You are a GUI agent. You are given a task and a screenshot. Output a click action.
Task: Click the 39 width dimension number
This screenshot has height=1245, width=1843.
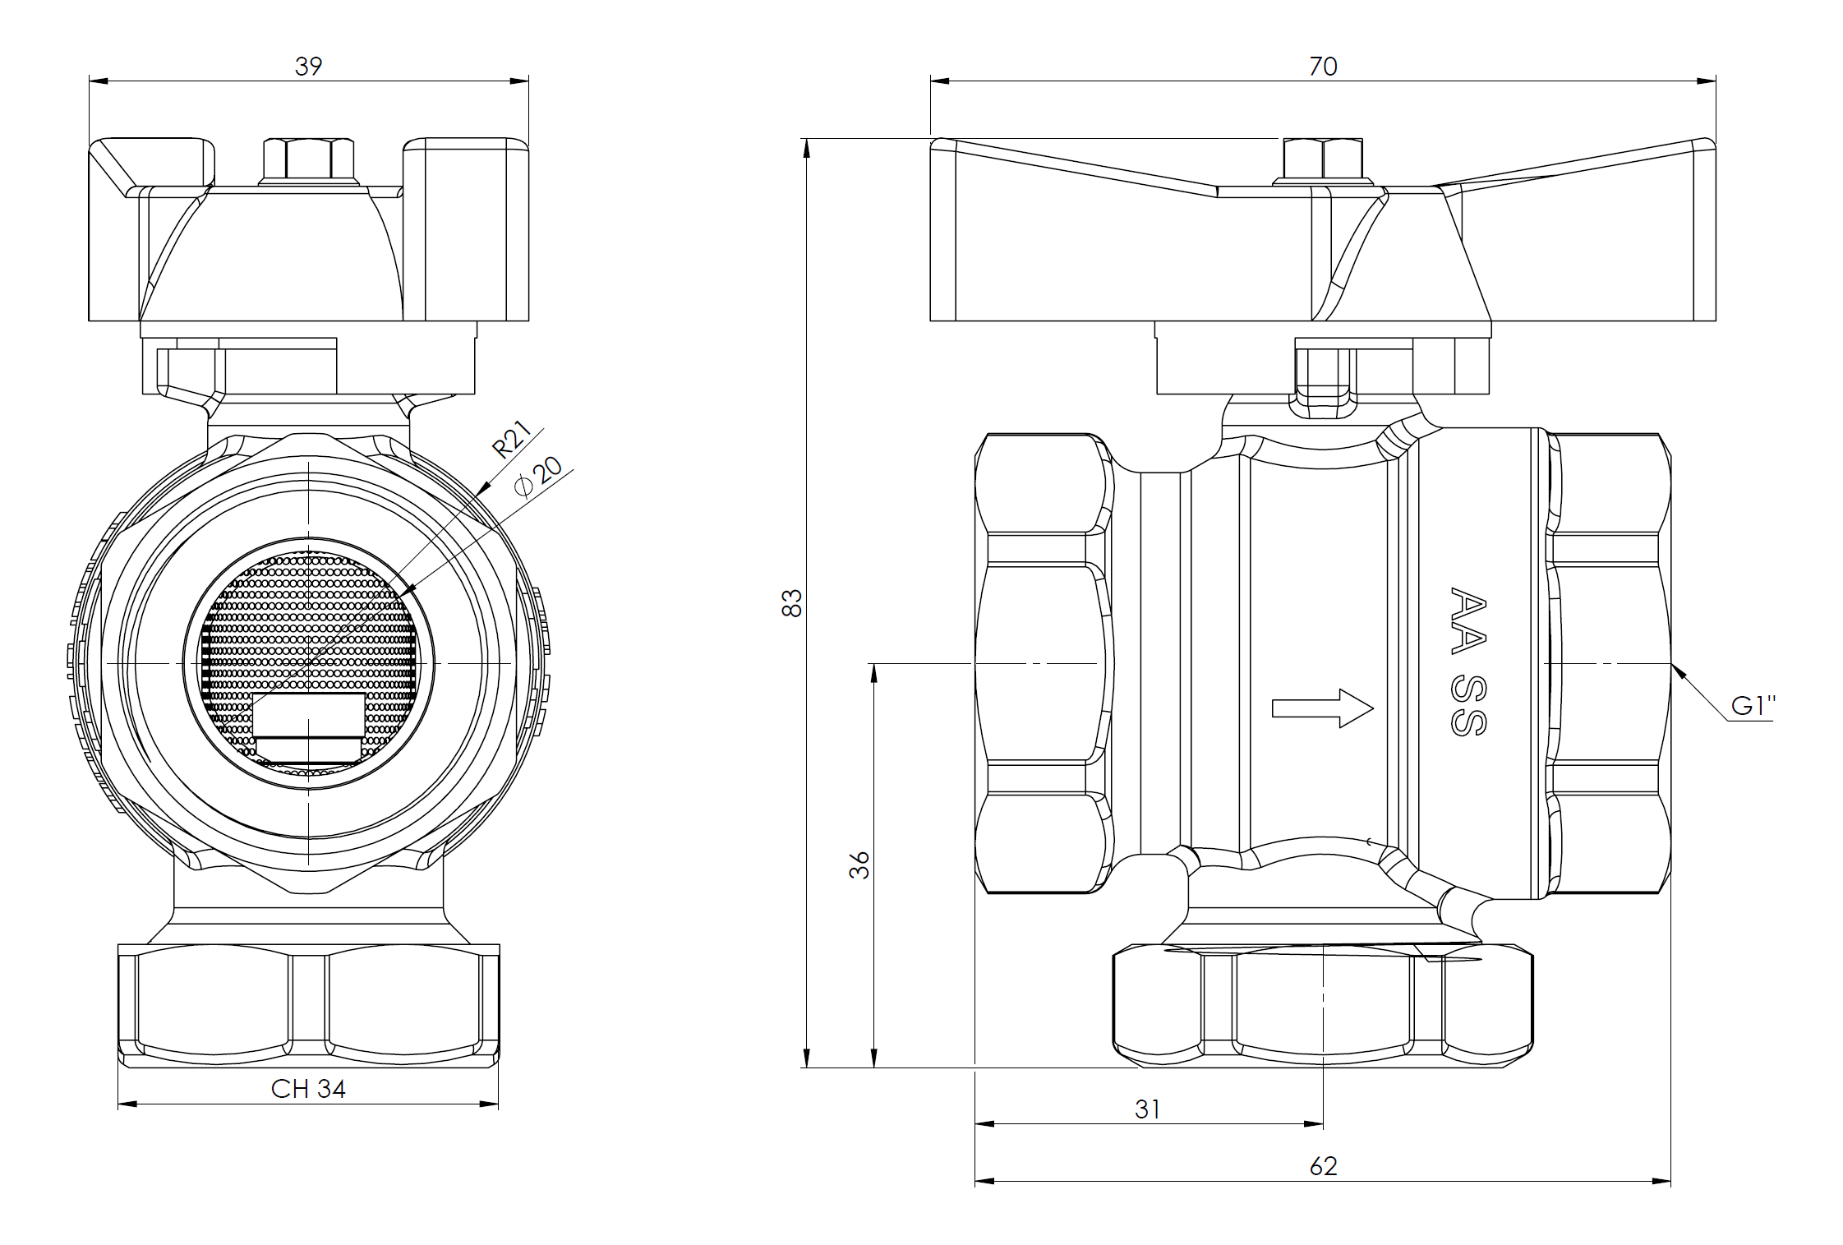[x=308, y=67]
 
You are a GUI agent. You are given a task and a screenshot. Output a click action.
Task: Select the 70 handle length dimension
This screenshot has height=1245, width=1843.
[x=1323, y=67]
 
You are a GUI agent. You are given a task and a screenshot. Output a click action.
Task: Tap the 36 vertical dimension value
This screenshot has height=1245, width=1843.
[x=859, y=865]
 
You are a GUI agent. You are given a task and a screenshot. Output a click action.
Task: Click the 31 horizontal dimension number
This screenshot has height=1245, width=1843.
[x=1147, y=1109]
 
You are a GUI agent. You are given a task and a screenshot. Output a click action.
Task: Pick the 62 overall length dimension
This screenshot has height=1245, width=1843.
[x=1323, y=1166]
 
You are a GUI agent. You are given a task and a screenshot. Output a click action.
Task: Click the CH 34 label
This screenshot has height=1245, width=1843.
[x=308, y=1089]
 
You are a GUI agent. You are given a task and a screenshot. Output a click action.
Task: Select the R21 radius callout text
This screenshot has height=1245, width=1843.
[x=511, y=440]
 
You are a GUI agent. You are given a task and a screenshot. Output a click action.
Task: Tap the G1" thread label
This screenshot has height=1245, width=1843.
[x=1753, y=706]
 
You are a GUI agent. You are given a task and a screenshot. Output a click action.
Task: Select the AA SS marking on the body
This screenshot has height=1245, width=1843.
[x=1467, y=662]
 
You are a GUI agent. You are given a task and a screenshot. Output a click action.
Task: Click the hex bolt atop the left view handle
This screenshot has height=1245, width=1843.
[x=308, y=161]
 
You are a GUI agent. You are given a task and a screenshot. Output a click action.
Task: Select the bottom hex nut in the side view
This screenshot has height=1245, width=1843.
[x=1323, y=1006]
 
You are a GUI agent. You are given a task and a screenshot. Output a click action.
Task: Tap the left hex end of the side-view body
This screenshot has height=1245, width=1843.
[x=1044, y=662]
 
